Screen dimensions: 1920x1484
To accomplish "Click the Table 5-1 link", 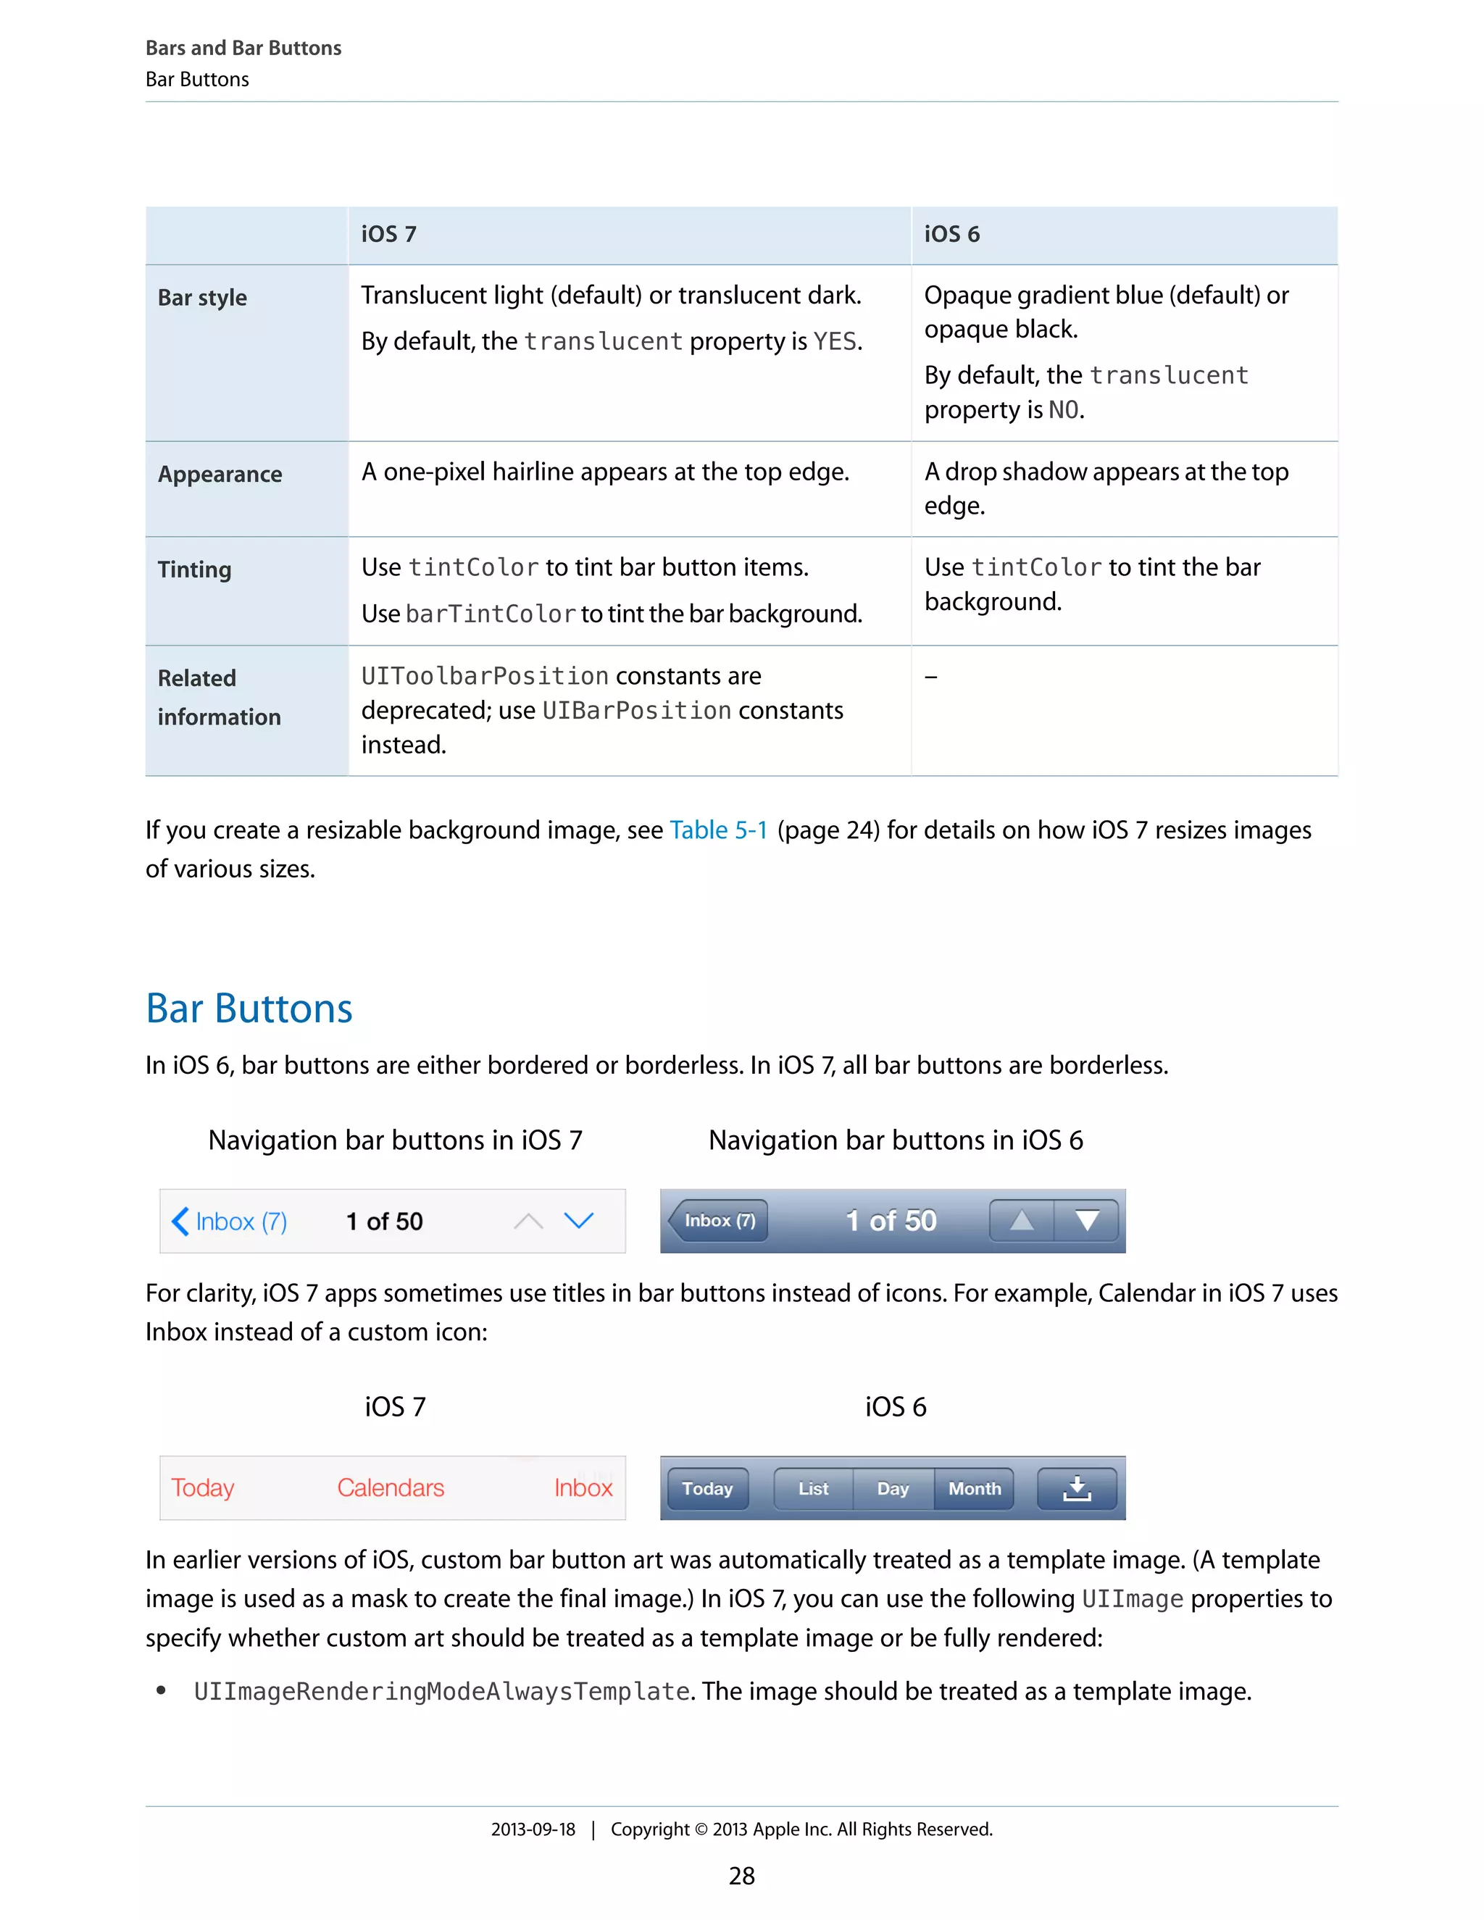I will pos(718,830).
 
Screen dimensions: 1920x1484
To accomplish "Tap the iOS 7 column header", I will pos(388,234).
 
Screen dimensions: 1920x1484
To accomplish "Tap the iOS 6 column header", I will pos(951,234).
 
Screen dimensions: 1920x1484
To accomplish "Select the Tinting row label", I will pos(194,569).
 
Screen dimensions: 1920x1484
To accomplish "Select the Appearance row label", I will pos(220,474).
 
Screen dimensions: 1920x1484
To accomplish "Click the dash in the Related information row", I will pos(931,677).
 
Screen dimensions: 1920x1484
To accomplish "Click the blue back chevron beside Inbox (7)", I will pos(180,1221).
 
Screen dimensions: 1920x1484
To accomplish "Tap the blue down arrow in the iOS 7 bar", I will pos(578,1220).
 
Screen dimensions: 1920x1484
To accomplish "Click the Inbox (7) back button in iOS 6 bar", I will pos(718,1220).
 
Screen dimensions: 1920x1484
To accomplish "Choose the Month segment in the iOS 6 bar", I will pos(974,1488).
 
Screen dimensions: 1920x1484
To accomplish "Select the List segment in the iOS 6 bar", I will pos(813,1488).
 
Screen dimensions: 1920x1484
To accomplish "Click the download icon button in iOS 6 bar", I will pos(1077,1488).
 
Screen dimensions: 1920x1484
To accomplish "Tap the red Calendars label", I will pos(391,1487).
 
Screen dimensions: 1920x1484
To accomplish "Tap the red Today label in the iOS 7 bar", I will pos(202,1487).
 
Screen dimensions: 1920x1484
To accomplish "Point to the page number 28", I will pos(741,1876).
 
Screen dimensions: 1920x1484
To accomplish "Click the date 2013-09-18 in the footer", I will pos(533,1829).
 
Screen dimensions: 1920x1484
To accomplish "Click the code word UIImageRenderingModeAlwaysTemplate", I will pos(441,1692).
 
